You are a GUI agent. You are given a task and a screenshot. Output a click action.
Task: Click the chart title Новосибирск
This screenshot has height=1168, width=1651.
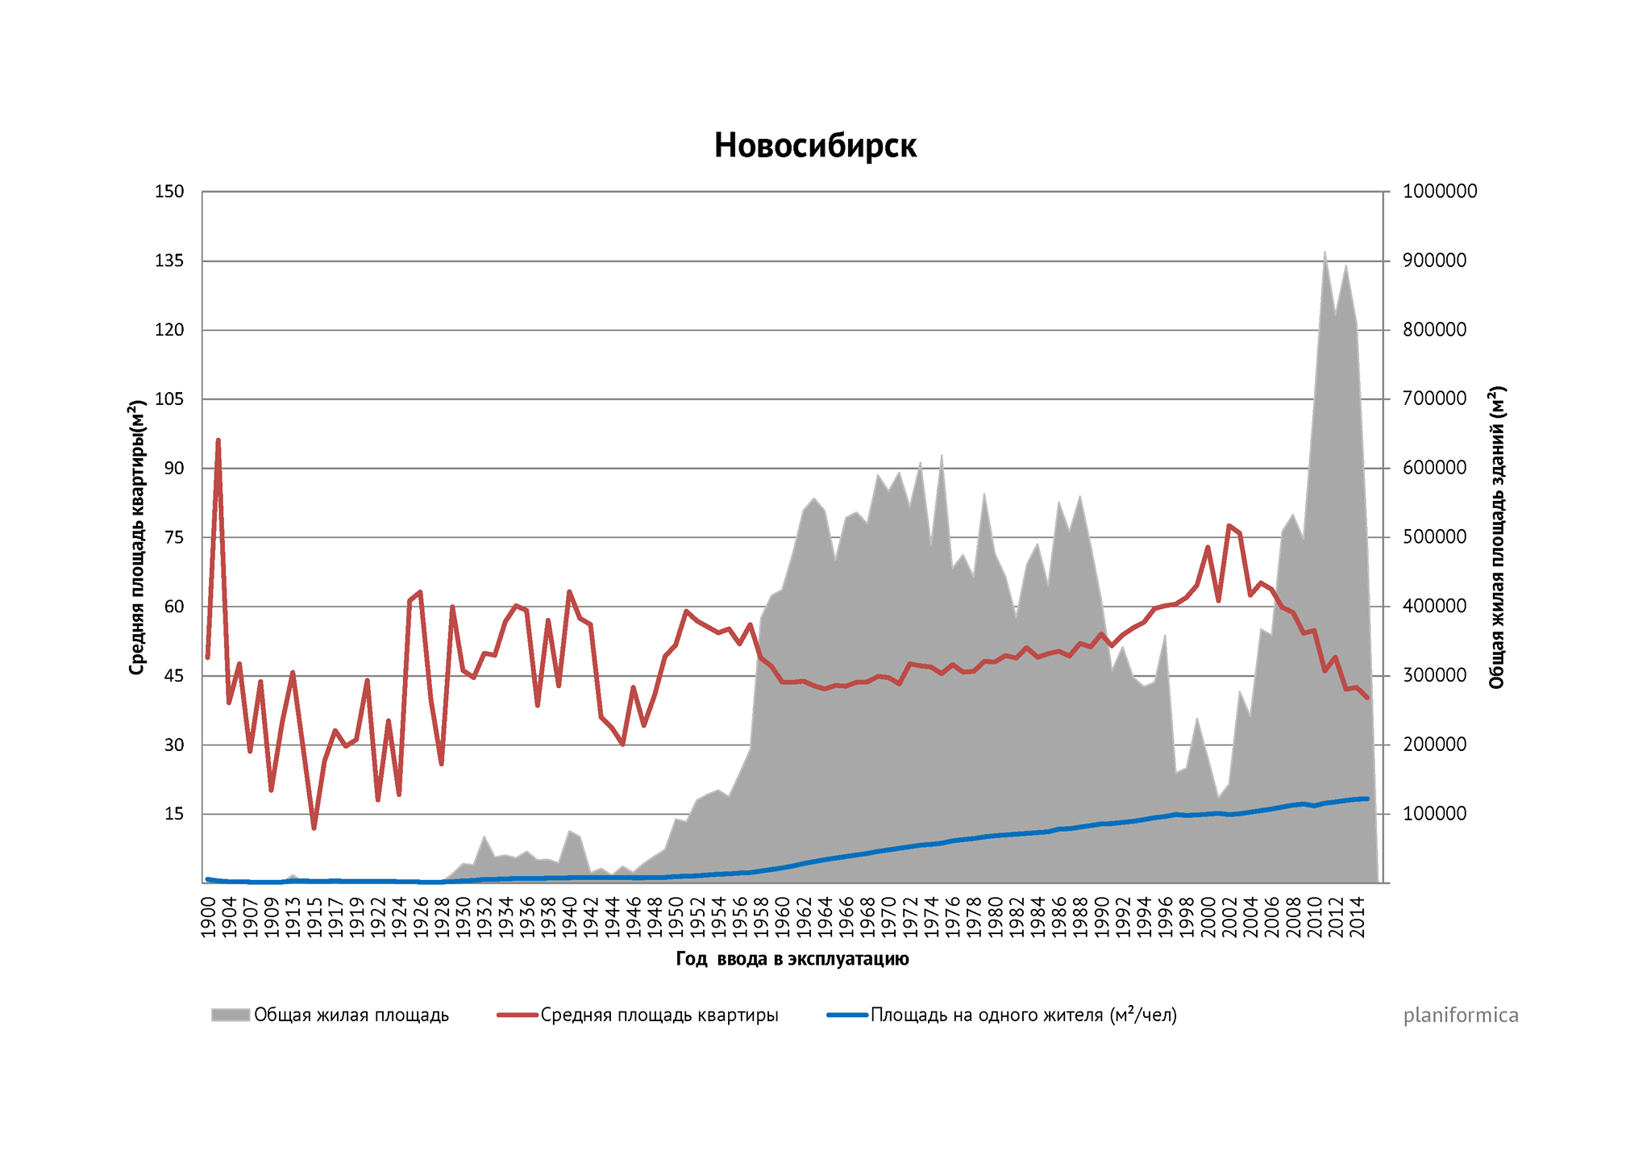[x=815, y=146]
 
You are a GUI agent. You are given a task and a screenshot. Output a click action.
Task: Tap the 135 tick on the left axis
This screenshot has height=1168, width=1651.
[x=169, y=261]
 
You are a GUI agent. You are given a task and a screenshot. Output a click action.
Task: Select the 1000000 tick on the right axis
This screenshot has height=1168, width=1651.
[x=1440, y=192]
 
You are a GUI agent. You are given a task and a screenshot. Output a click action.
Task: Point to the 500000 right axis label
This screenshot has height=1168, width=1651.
[x=1434, y=538]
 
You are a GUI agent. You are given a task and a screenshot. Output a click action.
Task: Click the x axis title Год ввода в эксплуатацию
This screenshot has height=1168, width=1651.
[x=792, y=959]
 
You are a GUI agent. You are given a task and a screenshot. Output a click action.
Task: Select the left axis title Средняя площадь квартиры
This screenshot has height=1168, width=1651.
[x=137, y=537]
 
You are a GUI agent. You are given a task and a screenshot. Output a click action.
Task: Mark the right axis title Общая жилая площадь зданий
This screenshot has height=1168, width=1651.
[x=1497, y=537]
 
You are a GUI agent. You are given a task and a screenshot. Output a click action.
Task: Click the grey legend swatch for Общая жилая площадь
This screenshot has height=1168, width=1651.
[x=230, y=1015]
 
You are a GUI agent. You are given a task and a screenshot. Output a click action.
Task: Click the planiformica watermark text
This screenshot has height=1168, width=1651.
[x=1461, y=1016]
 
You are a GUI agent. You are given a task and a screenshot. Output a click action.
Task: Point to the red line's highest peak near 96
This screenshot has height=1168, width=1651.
[x=218, y=440]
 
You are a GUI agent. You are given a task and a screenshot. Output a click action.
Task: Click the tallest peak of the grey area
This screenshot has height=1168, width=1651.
[x=1325, y=252]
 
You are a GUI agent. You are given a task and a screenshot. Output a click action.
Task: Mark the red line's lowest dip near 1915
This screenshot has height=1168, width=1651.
[x=314, y=828]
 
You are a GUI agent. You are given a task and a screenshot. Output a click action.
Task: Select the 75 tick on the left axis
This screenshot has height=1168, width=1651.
[x=174, y=538]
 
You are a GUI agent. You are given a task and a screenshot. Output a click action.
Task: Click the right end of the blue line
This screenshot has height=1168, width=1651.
[x=1367, y=799]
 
